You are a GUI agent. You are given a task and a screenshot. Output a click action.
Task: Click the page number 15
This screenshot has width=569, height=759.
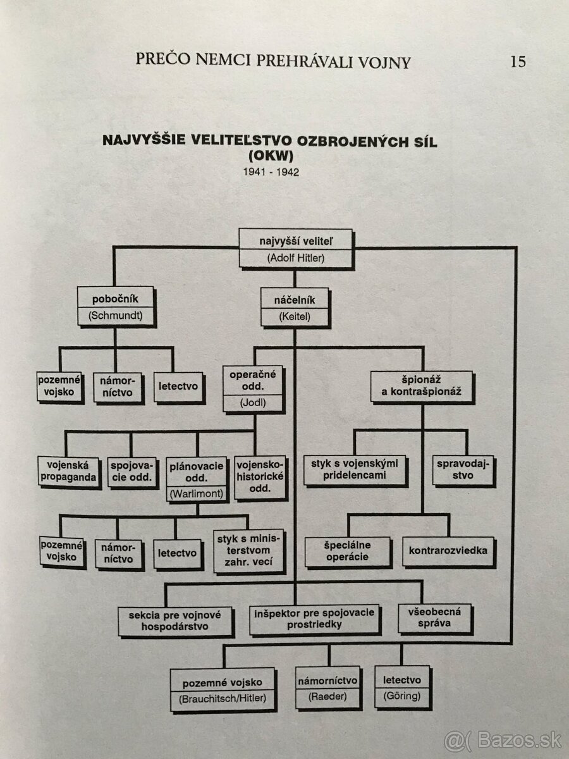click(x=518, y=61)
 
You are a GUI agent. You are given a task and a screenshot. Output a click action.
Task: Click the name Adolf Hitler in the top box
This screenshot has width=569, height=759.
click(x=295, y=257)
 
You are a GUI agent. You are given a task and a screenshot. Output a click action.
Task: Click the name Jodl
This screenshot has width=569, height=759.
click(x=253, y=402)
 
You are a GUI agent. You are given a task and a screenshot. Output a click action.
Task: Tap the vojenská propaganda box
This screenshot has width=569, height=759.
click(x=69, y=471)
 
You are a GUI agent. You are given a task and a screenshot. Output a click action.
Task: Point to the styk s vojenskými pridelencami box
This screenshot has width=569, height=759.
click(x=354, y=470)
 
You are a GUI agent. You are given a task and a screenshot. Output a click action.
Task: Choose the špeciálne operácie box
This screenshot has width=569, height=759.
click(x=347, y=551)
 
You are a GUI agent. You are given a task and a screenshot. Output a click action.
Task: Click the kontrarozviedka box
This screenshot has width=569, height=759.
click(x=448, y=550)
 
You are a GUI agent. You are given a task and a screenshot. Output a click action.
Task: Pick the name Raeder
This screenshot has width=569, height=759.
click(x=328, y=696)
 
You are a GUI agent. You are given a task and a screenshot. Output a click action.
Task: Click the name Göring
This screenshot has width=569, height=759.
click(x=401, y=696)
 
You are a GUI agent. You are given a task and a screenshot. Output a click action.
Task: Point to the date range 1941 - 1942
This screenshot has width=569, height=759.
click(x=270, y=171)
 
